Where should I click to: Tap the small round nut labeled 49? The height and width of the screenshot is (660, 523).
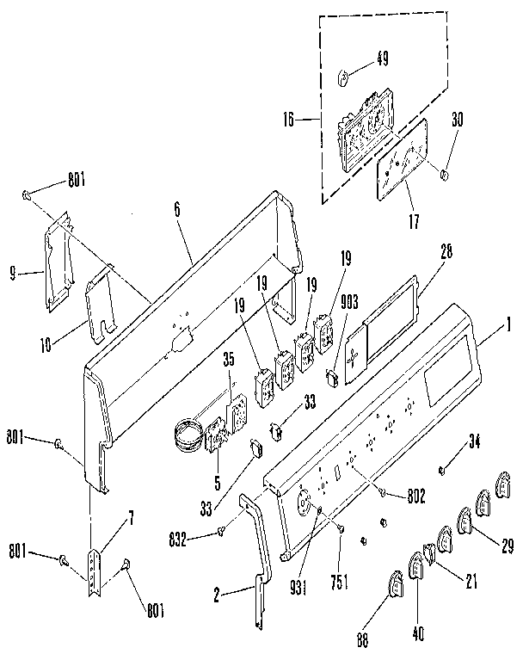[342, 78]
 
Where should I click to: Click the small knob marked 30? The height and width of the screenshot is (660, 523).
[445, 175]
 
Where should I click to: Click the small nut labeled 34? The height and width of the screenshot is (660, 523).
[441, 470]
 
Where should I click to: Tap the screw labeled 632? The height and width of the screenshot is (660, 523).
[222, 530]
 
